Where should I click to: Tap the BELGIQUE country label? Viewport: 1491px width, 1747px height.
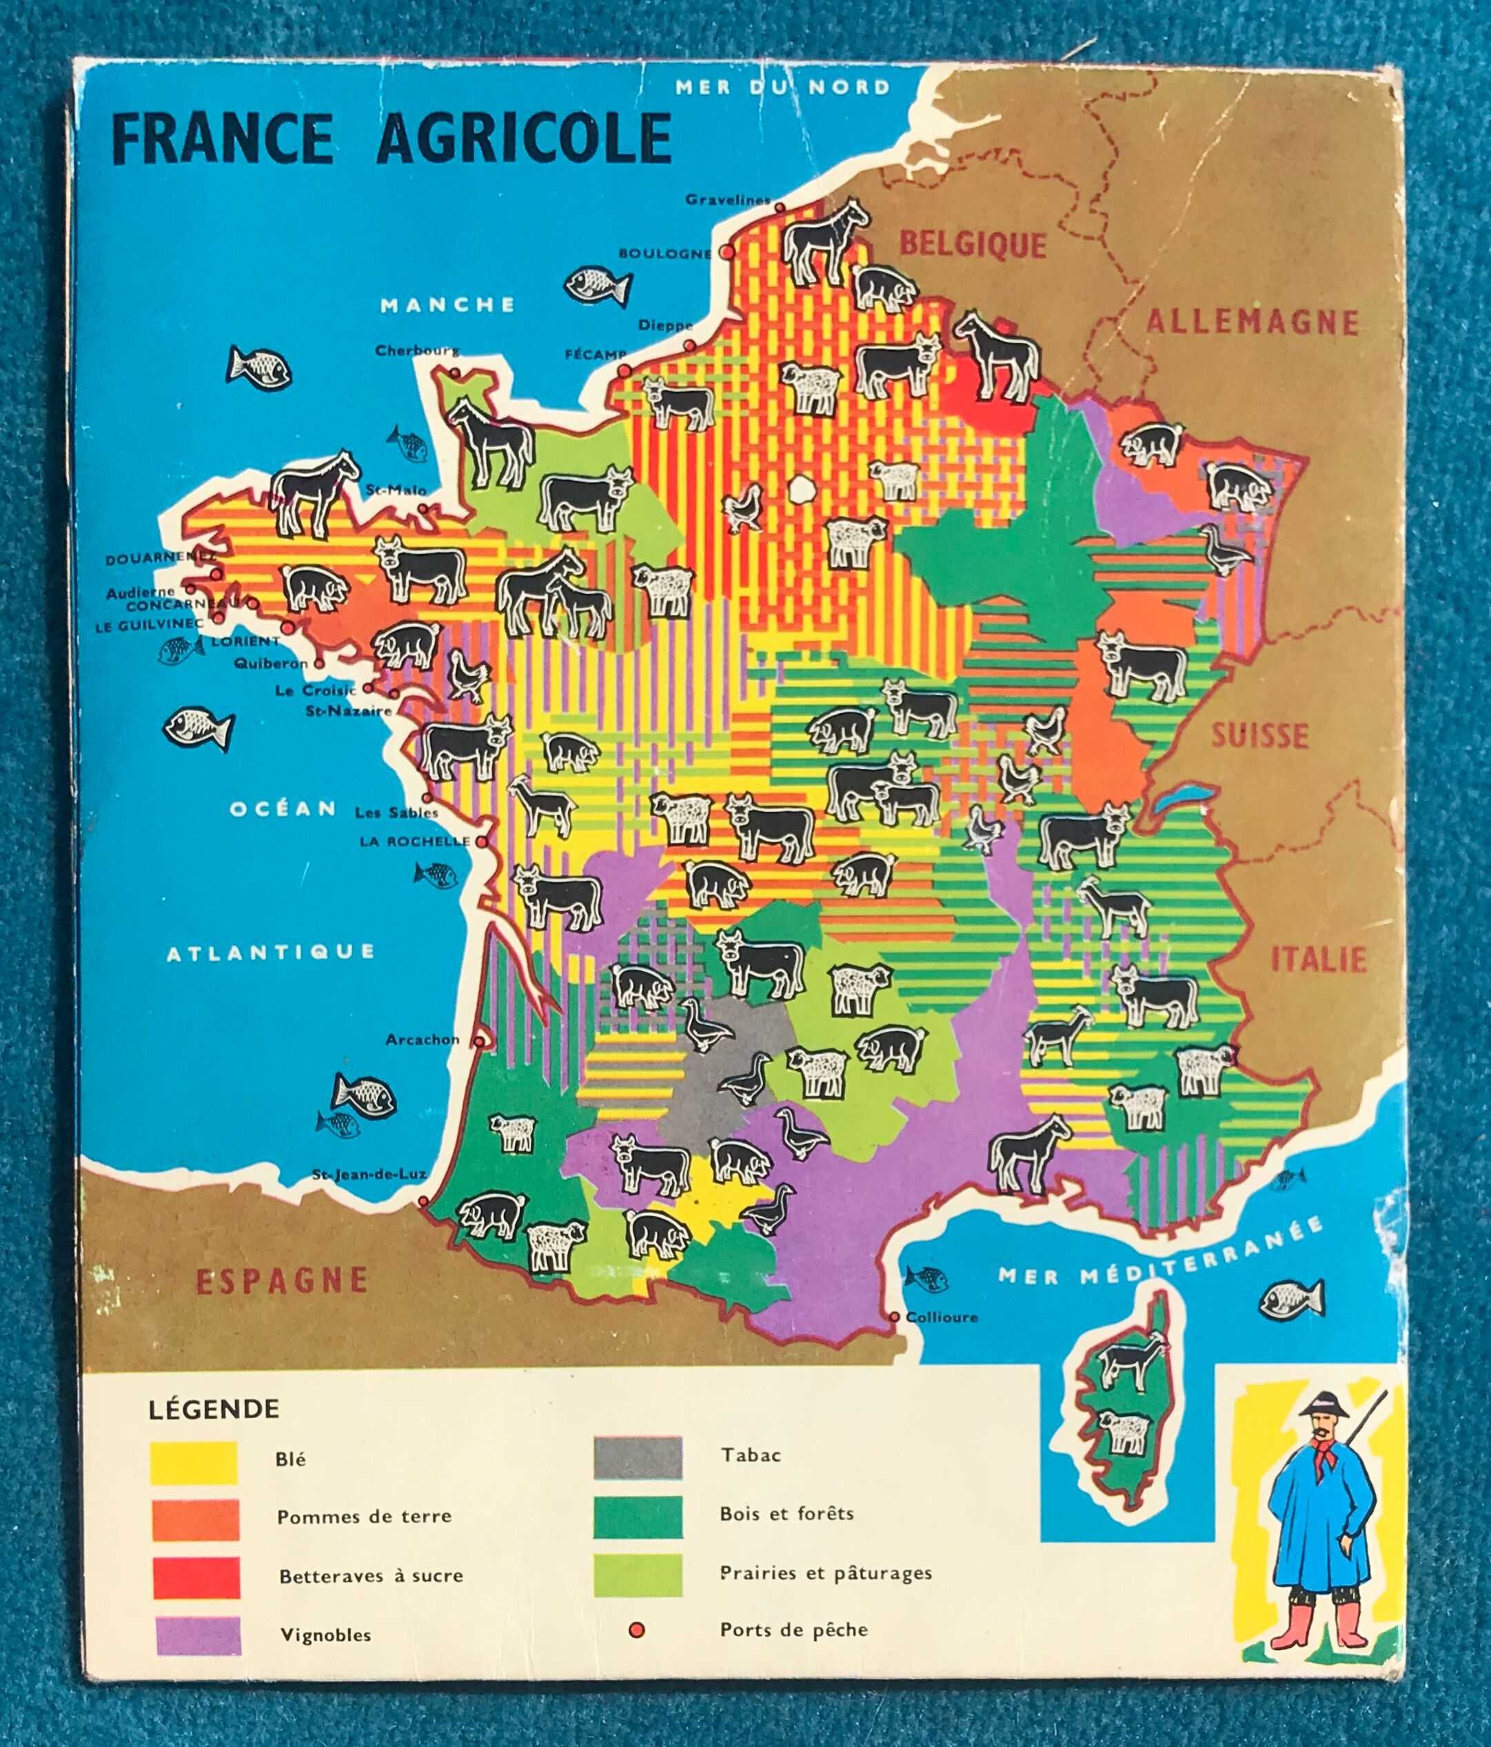pos(973,246)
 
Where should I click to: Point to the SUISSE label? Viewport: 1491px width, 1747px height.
pos(1259,735)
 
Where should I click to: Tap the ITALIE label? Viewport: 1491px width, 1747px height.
pos(1318,959)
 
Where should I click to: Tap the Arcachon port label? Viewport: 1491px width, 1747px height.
pos(423,1039)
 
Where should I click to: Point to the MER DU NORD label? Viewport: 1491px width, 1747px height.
pos(782,87)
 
